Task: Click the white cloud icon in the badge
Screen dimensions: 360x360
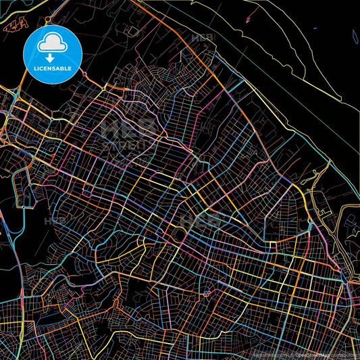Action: (x=52, y=43)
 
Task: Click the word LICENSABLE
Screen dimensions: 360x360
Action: (x=52, y=68)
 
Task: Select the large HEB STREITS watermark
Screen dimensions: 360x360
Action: (x=128, y=135)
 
